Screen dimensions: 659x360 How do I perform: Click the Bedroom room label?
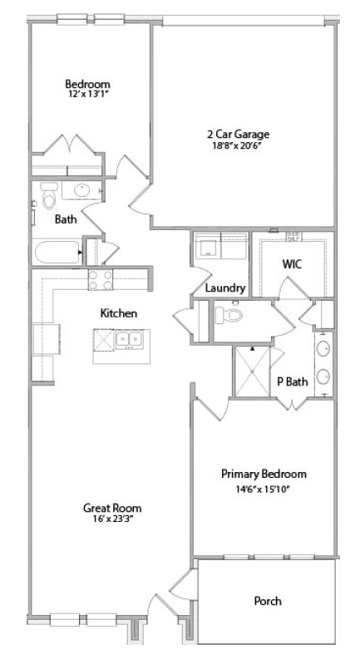click(x=88, y=84)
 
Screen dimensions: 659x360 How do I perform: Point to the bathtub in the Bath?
click(x=55, y=250)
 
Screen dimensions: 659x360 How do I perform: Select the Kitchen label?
click(x=118, y=313)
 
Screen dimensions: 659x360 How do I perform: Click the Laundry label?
click(x=225, y=288)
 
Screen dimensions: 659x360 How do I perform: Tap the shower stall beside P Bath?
click(x=253, y=371)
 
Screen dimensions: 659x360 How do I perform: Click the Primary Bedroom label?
click(x=264, y=475)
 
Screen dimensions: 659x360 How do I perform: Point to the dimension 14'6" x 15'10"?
click(x=264, y=489)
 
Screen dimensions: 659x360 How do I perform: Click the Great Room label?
click(x=111, y=508)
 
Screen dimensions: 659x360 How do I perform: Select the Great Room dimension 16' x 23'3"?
click(x=111, y=520)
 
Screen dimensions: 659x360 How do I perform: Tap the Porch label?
click(x=268, y=600)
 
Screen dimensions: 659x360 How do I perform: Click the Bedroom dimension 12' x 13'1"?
click(x=88, y=96)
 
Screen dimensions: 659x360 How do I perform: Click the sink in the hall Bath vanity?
click(x=82, y=191)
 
